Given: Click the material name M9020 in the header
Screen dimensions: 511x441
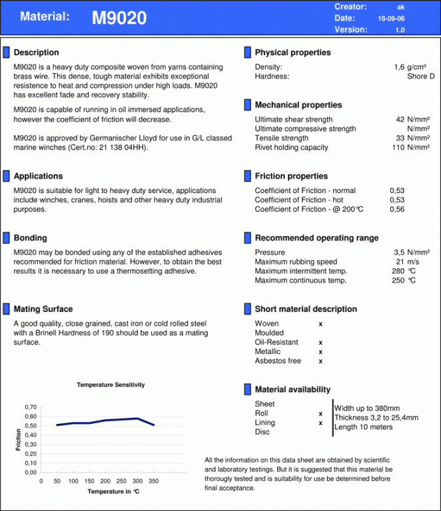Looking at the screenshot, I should tap(119, 19).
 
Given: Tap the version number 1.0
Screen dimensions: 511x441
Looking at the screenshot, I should tap(400, 30).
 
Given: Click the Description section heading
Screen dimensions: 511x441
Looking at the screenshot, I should tap(36, 53).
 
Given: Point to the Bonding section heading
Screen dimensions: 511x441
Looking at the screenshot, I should tap(30, 238).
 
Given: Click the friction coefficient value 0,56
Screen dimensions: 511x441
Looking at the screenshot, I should tap(397, 210).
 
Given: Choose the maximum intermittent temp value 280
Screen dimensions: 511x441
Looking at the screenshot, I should tap(398, 271).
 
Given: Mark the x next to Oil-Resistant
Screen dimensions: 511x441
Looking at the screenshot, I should tap(320, 343).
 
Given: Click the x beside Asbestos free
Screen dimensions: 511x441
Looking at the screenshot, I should tap(320, 361).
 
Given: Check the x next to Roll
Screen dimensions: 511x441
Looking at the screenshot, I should tap(320, 414).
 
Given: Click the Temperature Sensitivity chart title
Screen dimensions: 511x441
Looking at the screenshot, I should tap(111, 385).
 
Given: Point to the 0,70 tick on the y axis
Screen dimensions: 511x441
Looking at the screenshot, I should tap(31, 407).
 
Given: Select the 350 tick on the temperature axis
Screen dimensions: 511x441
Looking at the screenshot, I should tap(154, 481).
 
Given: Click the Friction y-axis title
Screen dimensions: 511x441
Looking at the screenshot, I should tap(18, 440).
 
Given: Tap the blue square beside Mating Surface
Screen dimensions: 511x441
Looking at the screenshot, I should tap(7, 309).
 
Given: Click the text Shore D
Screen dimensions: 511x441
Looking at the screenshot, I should tap(421, 77).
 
